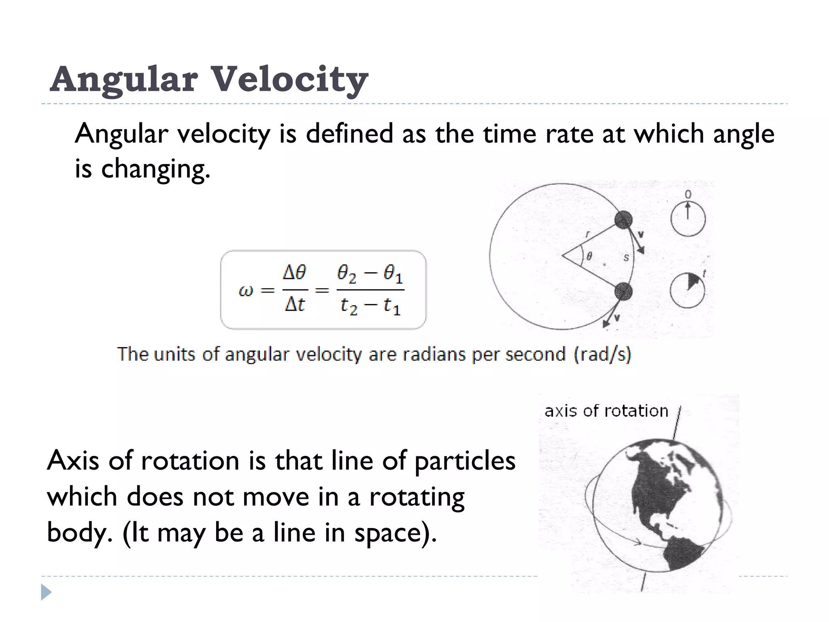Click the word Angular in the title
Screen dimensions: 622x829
[124, 79]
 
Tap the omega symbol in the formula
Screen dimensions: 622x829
[246, 290]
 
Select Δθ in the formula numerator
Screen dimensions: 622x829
[294, 273]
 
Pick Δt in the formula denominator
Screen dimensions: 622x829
[294, 305]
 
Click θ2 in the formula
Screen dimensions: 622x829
[346, 274]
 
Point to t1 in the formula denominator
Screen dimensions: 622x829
[392, 306]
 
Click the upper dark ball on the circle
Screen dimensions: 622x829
[623, 219]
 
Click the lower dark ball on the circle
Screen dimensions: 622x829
[623, 291]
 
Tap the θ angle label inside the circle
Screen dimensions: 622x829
[589, 256]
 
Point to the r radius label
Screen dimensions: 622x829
[588, 234]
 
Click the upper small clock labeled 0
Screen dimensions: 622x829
[688, 219]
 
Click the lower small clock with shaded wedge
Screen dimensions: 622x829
[687, 290]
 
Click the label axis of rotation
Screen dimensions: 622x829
[606, 411]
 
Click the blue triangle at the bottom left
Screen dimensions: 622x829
[46, 592]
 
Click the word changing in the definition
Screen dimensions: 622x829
[155, 168]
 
